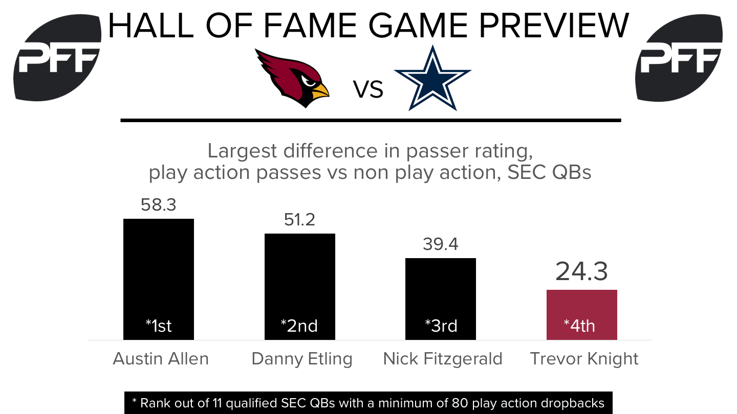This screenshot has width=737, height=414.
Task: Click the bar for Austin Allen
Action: [159, 279]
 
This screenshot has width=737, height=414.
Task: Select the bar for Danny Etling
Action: [300, 287]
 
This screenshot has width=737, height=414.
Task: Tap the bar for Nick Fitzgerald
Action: [441, 299]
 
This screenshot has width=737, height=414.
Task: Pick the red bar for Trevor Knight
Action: [582, 315]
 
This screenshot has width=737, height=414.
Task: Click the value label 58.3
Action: [159, 205]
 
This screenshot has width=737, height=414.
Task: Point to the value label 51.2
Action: [299, 220]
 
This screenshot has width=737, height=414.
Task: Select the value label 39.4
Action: [441, 244]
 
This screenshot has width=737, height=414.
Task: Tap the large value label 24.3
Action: [581, 271]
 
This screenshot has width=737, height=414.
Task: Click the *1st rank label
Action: [159, 326]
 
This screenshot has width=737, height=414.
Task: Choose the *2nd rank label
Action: [299, 326]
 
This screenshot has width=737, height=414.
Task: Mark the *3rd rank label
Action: [441, 326]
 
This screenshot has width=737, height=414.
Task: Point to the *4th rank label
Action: [579, 326]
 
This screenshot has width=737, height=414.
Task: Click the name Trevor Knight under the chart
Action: [584, 359]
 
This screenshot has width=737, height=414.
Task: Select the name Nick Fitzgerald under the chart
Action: [443, 359]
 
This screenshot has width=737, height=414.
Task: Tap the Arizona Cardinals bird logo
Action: [292, 78]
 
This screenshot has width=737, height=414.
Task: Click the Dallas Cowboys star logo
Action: [432, 78]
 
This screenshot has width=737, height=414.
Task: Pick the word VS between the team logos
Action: [368, 89]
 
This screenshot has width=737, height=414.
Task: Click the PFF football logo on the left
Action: [57, 57]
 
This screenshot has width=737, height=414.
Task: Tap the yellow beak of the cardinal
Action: [320, 90]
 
